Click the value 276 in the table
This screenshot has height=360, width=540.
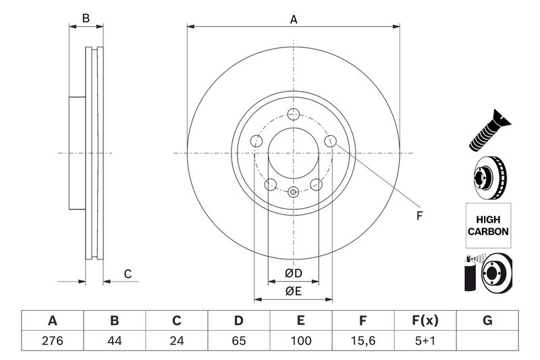tap(52, 341)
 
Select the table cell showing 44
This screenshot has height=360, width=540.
tap(114, 341)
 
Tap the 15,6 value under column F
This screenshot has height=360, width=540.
tap(362, 341)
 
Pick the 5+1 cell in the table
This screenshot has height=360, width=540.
tap(425, 341)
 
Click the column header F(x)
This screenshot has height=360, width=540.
tap(425, 320)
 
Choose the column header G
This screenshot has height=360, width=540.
tap(487, 320)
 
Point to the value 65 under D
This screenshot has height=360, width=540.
tap(238, 341)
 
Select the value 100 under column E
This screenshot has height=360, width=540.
tap(300, 341)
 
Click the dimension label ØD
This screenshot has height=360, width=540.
tap(292, 274)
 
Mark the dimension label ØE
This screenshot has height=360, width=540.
tap(292, 291)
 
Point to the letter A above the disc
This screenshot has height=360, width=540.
tap(294, 20)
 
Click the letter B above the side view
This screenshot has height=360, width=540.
tap(86, 18)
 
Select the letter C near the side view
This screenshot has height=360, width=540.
tap(127, 274)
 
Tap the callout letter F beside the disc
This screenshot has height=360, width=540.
tap(418, 216)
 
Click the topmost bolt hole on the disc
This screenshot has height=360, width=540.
tap(293, 114)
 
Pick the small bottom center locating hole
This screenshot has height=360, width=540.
tap(293, 192)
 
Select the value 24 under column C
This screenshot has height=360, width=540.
tap(176, 341)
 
